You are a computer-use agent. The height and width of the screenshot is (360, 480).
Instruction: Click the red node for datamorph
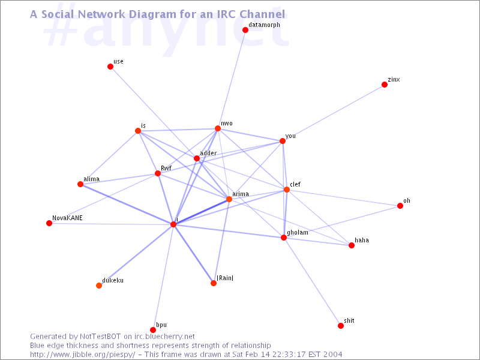(x=245, y=29)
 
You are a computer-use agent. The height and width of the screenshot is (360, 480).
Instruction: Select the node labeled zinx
(x=385, y=85)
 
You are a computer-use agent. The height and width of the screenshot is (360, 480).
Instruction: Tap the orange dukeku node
(x=99, y=286)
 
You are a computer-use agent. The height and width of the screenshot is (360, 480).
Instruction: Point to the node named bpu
(x=153, y=330)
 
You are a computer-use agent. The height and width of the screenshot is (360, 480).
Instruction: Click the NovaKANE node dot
(x=49, y=223)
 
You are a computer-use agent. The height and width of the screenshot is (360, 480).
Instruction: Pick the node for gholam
(x=284, y=238)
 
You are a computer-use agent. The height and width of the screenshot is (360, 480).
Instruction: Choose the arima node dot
(x=229, y=199)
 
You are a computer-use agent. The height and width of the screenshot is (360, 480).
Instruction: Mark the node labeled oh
(x=400, y=206)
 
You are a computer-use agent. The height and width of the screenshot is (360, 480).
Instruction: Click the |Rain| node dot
(x=214, y=283)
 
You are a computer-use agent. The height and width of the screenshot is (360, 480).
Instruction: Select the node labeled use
(x=110, y=67)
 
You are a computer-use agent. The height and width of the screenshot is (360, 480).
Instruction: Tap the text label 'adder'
(x=208, y=153)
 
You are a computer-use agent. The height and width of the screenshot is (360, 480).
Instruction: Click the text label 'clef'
(x=295, y=184)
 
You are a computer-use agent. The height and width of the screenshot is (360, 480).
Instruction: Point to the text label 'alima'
(x=92, y=179)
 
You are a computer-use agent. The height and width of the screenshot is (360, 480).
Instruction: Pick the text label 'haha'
(x=362, y=241)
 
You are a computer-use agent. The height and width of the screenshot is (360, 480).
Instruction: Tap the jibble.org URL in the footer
(x=82, y=355)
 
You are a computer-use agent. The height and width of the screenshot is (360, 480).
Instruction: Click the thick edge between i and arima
(x=201, y=212)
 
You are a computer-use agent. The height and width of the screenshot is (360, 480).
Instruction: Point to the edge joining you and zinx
(x=334, y=113)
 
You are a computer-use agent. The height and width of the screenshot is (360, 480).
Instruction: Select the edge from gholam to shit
(x=312, y=281)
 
